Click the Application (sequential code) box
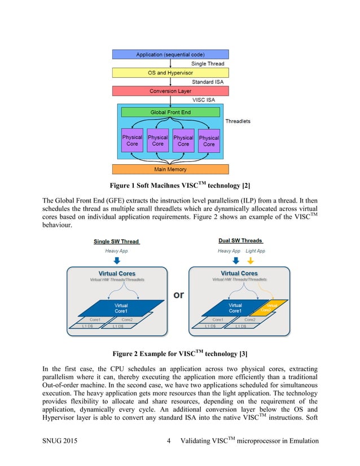(x=170, y=54)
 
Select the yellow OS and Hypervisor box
(x=170, y=73)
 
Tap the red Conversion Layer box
(x=170, y=91)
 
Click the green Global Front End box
(x=170, y=112)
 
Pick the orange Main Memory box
(x=170, y=169)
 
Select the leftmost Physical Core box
(x=132, y=140)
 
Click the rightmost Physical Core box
(x=209, y=140)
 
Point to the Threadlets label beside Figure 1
(x=238, y=121)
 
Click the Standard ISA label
(x=208, y=82)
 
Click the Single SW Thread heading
(x=116, y=241)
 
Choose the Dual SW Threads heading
(x=240, y=241)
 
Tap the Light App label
(x=256, y=250)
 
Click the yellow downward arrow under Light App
(x=251, y=261)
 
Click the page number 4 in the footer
(x=169, y=441)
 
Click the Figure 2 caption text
(x=179, y=354)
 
